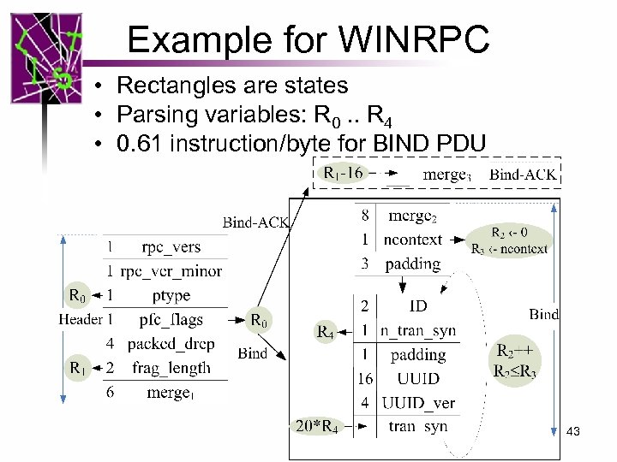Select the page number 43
pyautogui.click(x=573, y=432)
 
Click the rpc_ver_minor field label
pyautogui.click(x=171, y=271)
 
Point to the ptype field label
pyautogui.click(x=171, y=295)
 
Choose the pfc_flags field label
pyautogui.click(x=171, y=320)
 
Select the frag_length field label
pyautogui.click(x=171, y=368)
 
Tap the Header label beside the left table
pyautogui.click(x=81, y=319)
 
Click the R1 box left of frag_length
pyautogui.click(x=77, y=368)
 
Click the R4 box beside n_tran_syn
pyautogui.click(x=326, y=331)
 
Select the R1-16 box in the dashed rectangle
pyautogui.click(x=343, y=173)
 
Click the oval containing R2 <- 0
pyautogui.click(x=510, y=240)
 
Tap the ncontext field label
pyautogui.click(x=413, y=240)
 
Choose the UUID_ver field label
pyautogui.click(x=418, y=402)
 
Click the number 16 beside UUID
pyautogui.click(x=364, y=378)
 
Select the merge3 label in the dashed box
pyautogui.click(x=446, y=175)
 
